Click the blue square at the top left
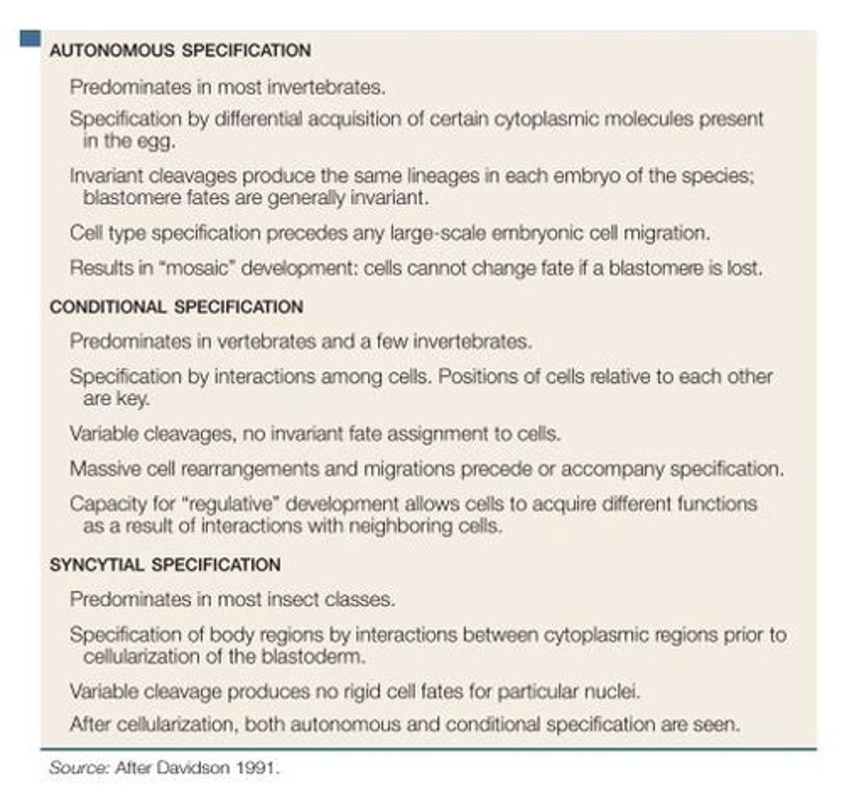tap(30, 39)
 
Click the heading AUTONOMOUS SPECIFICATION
tap(180, 51)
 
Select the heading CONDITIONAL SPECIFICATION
tap(176, 308)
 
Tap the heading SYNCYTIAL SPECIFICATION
tap(165, 565)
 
